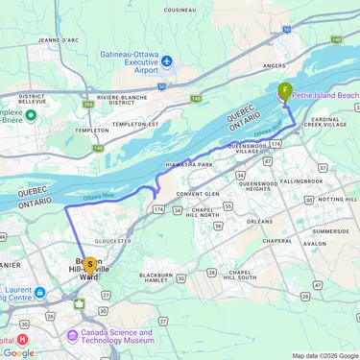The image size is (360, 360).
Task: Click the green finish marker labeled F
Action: [284, 92]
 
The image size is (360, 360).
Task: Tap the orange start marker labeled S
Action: [90, 264]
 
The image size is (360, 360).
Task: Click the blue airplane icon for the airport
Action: [168, 61]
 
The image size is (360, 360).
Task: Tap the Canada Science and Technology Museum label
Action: [110, 339]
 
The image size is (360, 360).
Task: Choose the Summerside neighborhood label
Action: [331, 231]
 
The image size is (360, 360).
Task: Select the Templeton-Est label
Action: [134, 124]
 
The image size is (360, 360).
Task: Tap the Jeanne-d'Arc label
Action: [57, 40]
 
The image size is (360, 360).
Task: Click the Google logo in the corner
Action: [18, 352]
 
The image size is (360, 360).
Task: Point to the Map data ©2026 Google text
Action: [324, 355]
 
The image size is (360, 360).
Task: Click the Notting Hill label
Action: [337, 199]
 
